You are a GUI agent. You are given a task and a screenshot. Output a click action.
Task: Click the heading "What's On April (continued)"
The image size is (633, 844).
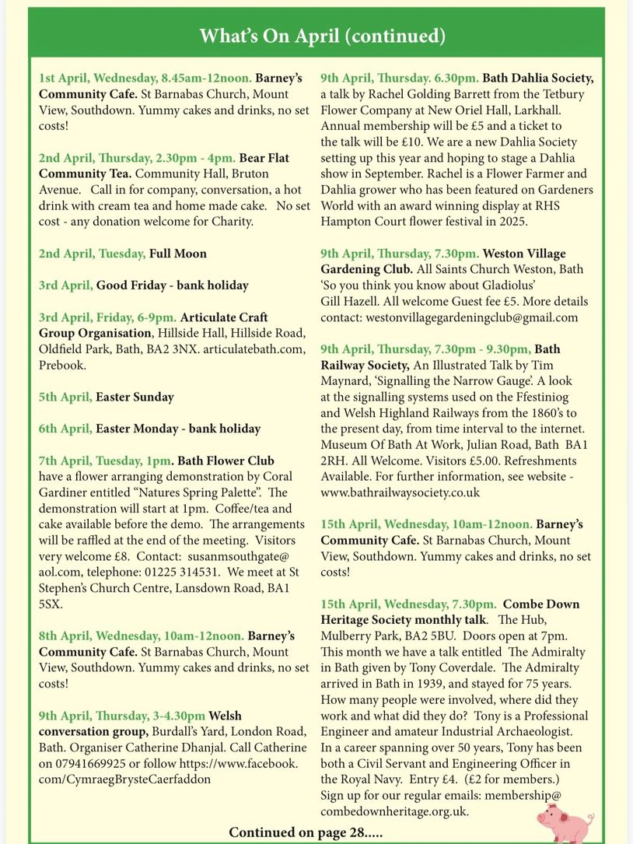click(x=323, y=36)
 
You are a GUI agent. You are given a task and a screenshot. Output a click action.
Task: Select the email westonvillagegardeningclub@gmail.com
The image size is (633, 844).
click(x=449, y=317)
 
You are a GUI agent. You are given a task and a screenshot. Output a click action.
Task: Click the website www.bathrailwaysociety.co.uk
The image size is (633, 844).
click(x=400, y=492)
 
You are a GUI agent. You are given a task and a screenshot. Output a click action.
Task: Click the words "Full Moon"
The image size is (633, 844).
click(x=178, y=254)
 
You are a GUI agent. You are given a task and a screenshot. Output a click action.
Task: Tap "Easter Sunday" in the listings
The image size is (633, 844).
click(x=135, y=397)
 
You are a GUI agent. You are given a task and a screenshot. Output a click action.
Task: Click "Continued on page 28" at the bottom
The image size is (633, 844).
click(x=305, y=832)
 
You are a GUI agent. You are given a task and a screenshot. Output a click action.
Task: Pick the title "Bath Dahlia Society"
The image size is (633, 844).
click(x=537, y=78)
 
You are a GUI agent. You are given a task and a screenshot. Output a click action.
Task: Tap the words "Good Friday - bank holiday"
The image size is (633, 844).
click(x=172, y=285)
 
